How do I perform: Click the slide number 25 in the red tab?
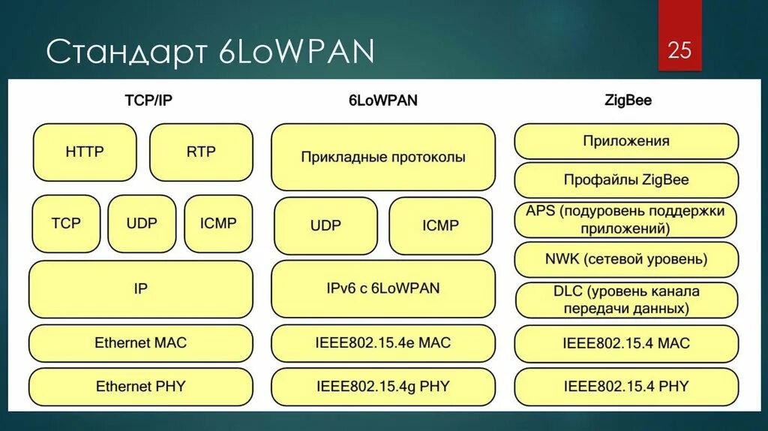679,51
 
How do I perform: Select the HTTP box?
85,152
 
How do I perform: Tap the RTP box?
201,152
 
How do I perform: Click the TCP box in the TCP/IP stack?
66,223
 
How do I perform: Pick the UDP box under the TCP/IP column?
142,223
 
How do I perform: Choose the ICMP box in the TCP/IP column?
218,223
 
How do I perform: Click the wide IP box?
141,289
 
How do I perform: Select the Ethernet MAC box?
141,343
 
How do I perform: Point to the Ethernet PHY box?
141,387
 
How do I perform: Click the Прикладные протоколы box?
383,157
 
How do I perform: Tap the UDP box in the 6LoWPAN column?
326,225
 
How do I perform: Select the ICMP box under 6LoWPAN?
440,225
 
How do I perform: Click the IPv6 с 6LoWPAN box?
383,288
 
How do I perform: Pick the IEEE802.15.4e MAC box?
383,343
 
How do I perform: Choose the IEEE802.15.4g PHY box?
383,387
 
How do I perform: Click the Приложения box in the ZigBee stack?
626,141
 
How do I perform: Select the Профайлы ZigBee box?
626,180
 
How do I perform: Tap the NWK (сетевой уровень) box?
626,260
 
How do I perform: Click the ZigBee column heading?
627,100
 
